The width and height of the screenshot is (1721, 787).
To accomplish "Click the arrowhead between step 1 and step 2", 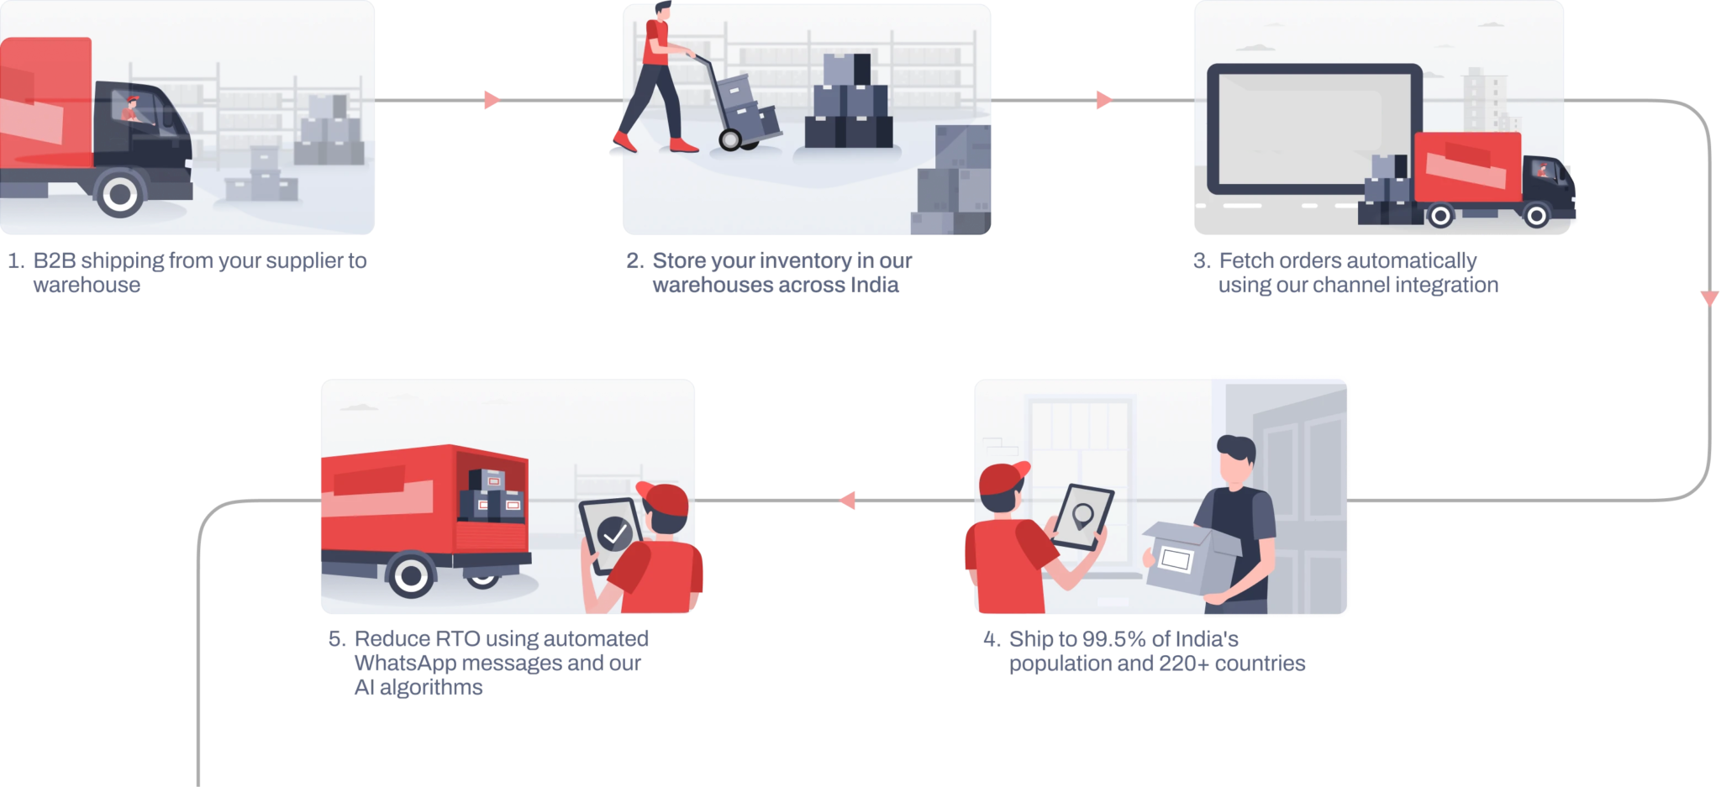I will [492, 101].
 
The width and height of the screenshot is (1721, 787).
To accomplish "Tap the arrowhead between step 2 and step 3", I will [1104, 101].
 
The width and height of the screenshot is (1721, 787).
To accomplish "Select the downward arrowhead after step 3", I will [1709, 298].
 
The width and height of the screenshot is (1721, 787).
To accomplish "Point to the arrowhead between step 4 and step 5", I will [847, 501].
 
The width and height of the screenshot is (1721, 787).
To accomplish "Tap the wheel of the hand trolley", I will [729, 139].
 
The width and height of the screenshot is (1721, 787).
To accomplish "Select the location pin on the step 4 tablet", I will [1083, 514].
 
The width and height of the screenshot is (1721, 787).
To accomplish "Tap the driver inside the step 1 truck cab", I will [131, 109].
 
